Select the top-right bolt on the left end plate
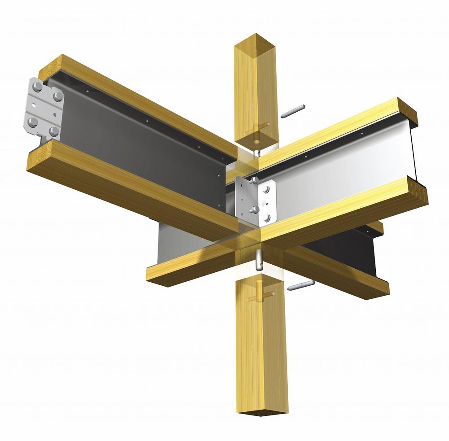click(58, 96)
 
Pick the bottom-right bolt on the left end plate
click(54, 131)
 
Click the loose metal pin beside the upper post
click(293, 111)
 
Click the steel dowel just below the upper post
click(257, 153)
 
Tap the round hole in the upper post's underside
click(256, 140)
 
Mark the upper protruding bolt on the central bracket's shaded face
click(254, 181)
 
